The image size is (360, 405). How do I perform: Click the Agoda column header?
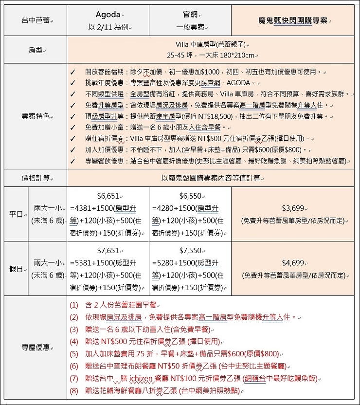(x=108, y=15)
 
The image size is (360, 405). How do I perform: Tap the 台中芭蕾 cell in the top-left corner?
(x=36, y=21)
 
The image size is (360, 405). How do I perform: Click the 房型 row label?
(x=36, y=50)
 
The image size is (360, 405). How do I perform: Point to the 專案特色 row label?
(x=36, y=116)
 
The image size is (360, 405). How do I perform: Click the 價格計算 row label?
(x=36, y=178)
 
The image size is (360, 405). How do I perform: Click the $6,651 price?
(x=108, y=196)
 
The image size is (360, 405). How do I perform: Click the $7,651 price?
(x=108, y=251)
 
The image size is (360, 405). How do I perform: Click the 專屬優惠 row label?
(x=36, y=348)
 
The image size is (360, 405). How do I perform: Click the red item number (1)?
(x=74, y=305)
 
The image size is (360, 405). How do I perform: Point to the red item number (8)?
(x=74, y=390)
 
